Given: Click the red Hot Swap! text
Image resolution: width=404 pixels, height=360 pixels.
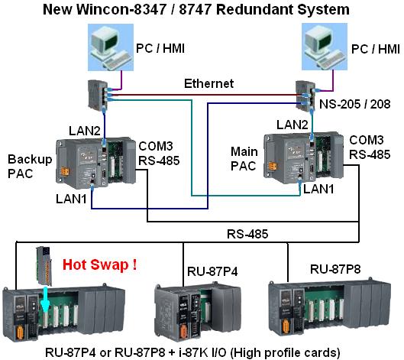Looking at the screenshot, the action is (x=100, y=264).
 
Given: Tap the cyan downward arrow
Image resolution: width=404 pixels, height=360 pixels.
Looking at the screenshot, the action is (x=45, y=296).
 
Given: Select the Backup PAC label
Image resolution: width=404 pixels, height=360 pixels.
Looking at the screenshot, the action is (x=30, y=167).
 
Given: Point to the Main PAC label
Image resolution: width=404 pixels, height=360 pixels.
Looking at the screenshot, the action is (x=244, y=158).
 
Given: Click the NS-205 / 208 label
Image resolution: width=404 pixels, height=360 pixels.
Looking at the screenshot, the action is (x=355, y=104).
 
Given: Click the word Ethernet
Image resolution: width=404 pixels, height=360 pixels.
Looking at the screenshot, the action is (x=208, y=83).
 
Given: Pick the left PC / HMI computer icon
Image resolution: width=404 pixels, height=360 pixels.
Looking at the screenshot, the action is (x=111, y=47).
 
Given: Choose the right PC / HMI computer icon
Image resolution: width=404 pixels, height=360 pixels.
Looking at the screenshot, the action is (x=325, y=47).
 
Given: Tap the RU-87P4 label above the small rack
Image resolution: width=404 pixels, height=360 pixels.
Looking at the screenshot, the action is (x=212, y=271).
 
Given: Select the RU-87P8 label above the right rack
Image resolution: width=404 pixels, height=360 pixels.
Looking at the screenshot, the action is (x=335, y=269).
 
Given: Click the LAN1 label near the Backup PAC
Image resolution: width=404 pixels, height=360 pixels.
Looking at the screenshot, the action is (x=71, y=199).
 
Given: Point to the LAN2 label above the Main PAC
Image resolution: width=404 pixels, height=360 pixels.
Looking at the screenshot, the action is (x=292, y=125).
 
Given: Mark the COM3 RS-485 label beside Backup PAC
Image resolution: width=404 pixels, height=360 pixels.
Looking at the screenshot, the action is (x=159, y=154).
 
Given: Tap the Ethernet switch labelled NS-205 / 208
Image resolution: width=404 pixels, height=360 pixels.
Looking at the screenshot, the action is (x=305, y=96).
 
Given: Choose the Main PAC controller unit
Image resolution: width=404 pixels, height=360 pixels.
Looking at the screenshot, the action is (x=304, y=157).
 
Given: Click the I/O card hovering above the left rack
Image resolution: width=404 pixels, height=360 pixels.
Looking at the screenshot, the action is (x=44, y=266).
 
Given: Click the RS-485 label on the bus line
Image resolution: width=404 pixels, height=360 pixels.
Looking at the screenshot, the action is (x=247, y=234).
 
